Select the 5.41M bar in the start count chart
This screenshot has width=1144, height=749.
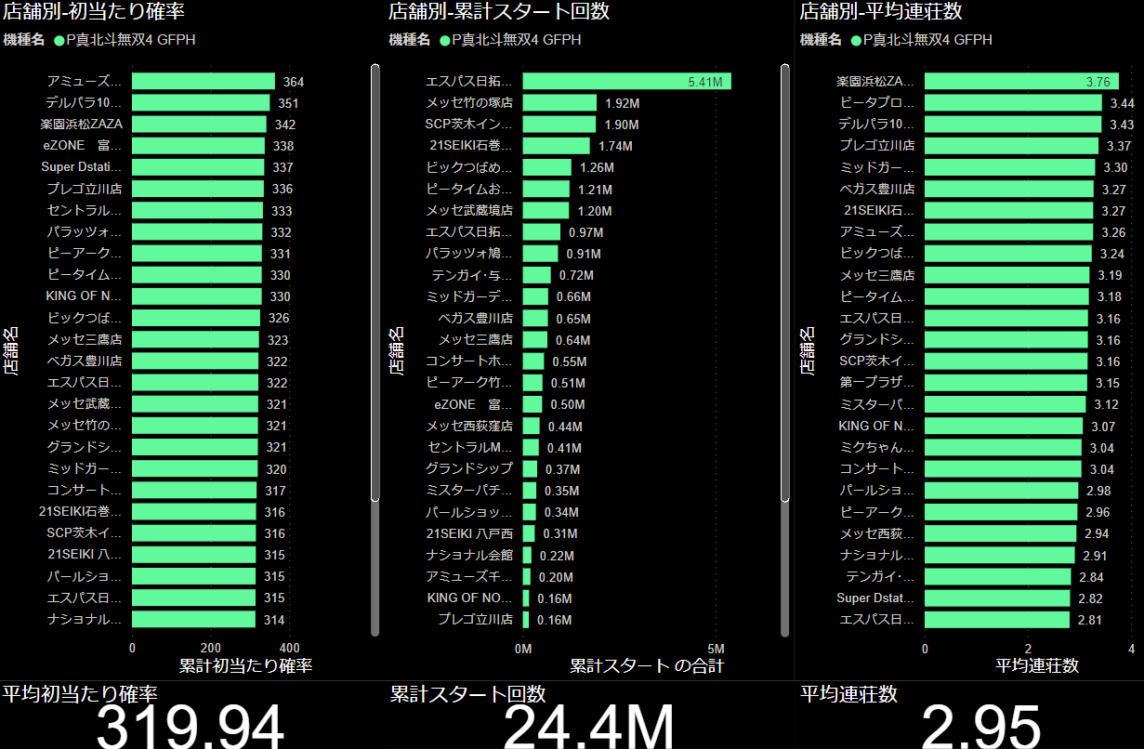pos(626,82)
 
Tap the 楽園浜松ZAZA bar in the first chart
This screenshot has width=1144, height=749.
pos(199,125)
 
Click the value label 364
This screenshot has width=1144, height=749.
pos(294,82)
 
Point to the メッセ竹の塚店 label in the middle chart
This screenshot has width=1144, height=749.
pos(469,103)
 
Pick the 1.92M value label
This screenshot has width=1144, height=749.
pos(622,103)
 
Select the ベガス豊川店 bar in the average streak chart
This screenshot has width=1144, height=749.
pos(1008,190)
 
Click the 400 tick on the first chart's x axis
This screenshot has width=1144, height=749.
pos(290,648)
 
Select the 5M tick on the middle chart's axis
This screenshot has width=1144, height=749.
pos(716,648)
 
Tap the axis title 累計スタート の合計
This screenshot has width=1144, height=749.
pos(646,665)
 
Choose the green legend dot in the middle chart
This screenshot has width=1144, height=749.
pos(444,40)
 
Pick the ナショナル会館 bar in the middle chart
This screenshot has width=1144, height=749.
pos(527,555)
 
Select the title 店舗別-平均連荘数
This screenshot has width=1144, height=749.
pos(880,12)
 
